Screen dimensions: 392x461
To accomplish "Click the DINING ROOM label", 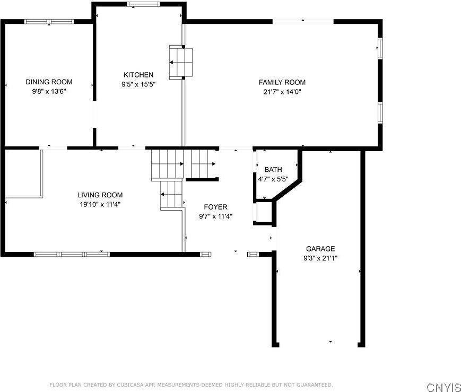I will [49, 82].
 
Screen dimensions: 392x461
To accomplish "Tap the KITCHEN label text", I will [138, 75].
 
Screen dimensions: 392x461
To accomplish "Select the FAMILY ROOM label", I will [282, 82].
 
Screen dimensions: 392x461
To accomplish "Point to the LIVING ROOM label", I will [100, 195].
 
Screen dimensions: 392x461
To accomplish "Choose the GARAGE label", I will [320, 249].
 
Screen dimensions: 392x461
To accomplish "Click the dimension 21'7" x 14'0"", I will [282, 91].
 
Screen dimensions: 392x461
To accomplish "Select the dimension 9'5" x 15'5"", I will [138, 84].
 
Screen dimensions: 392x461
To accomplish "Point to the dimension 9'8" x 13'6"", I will [49, 91].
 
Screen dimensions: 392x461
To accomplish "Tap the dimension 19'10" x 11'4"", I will [100, 204].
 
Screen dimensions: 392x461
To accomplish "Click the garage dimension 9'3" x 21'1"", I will [320, 258].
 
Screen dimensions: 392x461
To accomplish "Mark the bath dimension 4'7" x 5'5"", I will [273, 179].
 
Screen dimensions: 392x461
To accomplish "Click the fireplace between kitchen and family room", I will [180, 63].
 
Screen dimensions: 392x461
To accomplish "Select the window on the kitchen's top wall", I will [143, 4].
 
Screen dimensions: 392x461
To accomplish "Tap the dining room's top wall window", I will [49, 22].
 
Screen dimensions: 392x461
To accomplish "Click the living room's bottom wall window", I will [72, 254].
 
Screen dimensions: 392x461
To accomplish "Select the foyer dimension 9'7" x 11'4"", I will [215, 216].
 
